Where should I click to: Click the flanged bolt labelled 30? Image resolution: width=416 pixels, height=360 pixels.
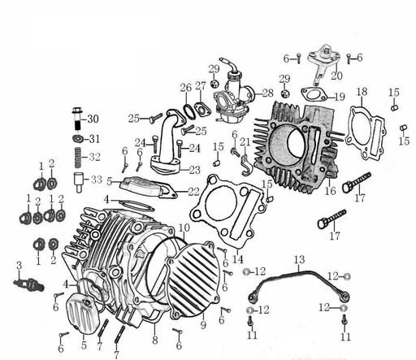tap(76, 120)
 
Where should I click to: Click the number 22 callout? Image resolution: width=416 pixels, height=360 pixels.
tap(193, 192)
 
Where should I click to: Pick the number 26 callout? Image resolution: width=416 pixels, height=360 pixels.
tap(185, 88)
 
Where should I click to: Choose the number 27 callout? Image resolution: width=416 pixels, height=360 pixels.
tap(200, 87)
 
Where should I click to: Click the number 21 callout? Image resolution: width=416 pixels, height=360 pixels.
tap(258, 142)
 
